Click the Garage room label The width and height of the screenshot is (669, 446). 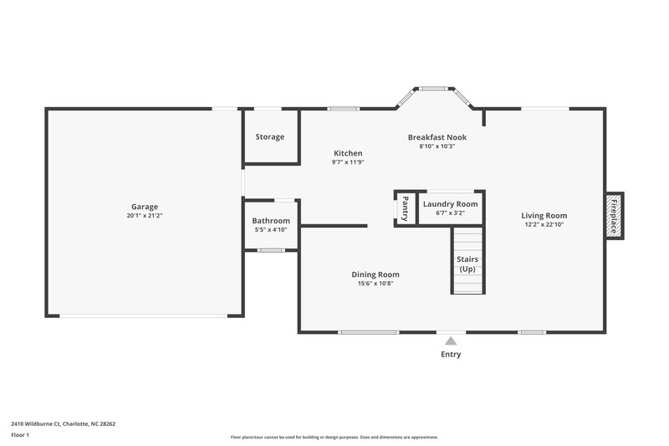(x=144, y=207)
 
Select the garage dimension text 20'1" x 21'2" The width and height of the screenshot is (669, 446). (x=144, y=216)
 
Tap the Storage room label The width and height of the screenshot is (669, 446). (x=270, y=136)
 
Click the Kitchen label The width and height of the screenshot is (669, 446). (x=348, y=153)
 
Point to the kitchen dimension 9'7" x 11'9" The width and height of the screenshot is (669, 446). (x=348, y=162)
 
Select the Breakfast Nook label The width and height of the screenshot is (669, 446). (x=437, y=137)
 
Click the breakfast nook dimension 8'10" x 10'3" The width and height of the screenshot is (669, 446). (x=437, y=146)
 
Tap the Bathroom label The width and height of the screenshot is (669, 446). (x=271, y=221)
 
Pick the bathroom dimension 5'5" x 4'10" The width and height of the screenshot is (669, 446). (x=271, y=230)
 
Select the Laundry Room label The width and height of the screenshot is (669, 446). (x=450, y=204)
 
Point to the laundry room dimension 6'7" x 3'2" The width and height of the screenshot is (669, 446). (x=450, y=213)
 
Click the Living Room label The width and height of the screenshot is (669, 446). (x=544, y=215)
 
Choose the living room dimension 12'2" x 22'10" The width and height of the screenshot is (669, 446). (x=544, y=224)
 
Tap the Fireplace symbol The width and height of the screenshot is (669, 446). (x=614, y=215)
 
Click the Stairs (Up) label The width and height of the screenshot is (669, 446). (x=467, y=264)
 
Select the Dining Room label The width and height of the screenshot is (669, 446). (x=375, y=274)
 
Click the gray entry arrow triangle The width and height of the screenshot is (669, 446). (x=451, y=341)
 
